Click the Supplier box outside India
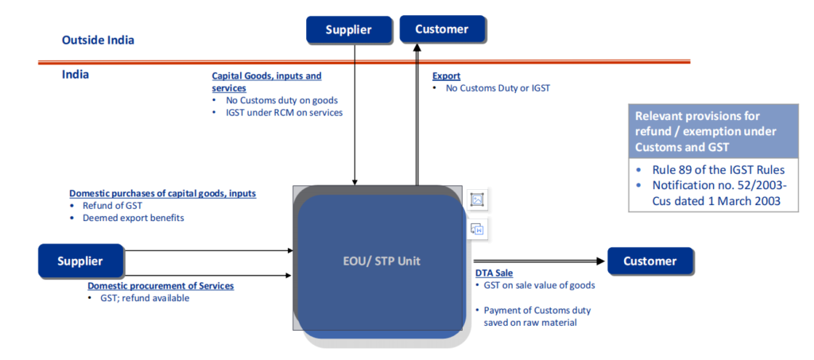tap(349, 30)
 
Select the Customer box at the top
tap(442, 29)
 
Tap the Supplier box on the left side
tap(80, 261)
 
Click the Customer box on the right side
tap(649, 261)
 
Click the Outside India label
tap(98, 39)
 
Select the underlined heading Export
tap(446, 76)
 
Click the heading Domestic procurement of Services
tap(161, 286)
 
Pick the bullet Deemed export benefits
tap(133, 218)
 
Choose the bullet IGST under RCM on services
tap(281, 113)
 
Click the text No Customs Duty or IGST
tap(498, 88)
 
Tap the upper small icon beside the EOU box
tap(477, 200)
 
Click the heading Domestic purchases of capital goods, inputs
tap(162, 194)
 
